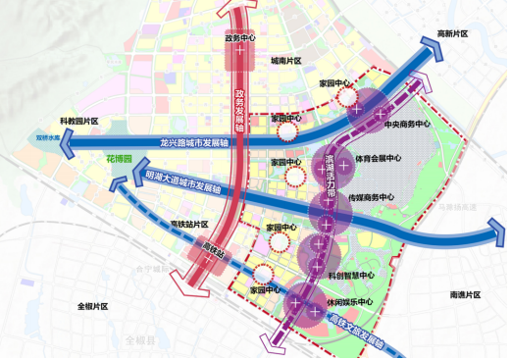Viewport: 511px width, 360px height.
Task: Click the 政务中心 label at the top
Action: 240,38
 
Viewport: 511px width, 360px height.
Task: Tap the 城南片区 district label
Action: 288,61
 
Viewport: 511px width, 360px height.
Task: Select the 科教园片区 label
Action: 81,121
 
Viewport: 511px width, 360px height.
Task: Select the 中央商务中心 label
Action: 407,125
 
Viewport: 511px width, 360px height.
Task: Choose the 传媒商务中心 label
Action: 372,197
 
